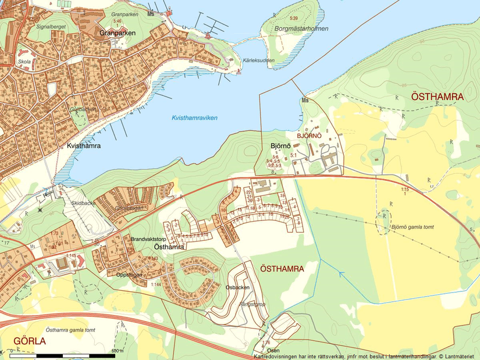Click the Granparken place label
(x=118, y=33)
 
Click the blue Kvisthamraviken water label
(x=194, y=117)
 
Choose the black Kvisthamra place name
(x=84, y=146)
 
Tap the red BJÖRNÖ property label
(x=310, y=136)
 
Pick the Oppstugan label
(x=130, y=275)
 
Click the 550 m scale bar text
(x=118, y=351)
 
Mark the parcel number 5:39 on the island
(x=301, y=19)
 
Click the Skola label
(x=24, y=60)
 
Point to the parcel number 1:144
(x=156, y=284)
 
